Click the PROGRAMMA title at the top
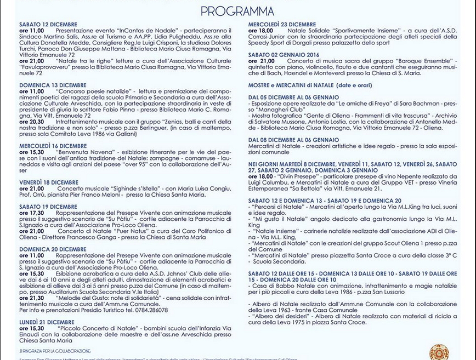click(x=237, y=12)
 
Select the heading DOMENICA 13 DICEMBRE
click(x=53, y=85)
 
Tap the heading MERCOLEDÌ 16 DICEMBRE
click(x=53, y=146)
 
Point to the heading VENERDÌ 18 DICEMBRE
click(x=49, y=182)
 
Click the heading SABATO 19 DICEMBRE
click(x=47, y=207)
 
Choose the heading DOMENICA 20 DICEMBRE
click(x=53, y=249)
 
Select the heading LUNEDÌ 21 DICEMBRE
click(x=47, y=322)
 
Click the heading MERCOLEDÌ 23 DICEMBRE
click(x=282, y=25)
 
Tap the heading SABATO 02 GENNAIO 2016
click(x=284, y=55)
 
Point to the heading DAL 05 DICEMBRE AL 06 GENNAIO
click(x=293, y=96)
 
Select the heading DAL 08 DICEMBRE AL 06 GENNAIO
click(x=293, y=140)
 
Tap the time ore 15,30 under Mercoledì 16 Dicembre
click(x=32, y=152)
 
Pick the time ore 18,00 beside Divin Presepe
click(x=261, y=176)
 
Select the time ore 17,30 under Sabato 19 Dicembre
click(x=32, y=213)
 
